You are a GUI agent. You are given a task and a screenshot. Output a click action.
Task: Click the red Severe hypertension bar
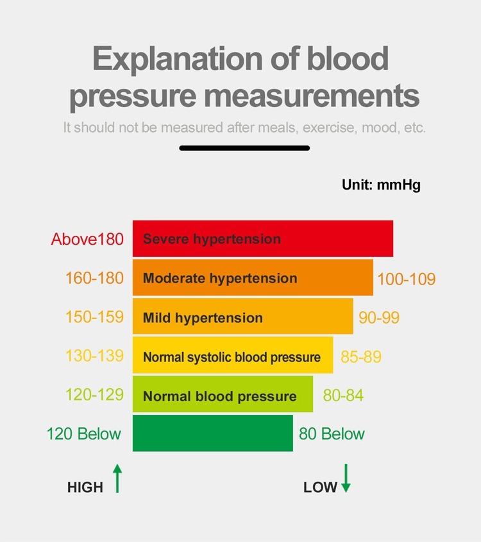[263, 239]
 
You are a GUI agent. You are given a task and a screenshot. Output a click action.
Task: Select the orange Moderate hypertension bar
[253, 278]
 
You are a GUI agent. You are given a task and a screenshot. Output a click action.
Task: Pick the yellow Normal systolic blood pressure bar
[233, 356]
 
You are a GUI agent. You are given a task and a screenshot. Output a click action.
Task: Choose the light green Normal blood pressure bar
[223, 395]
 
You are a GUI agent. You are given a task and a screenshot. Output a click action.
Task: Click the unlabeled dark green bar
[212, 434]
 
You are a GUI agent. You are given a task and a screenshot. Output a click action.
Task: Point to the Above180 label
[87, 240]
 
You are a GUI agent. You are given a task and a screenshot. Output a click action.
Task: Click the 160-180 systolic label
[94, 278]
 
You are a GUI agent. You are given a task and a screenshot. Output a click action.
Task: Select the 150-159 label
[94, 316]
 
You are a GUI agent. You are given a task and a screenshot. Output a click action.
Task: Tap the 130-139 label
[94, 356]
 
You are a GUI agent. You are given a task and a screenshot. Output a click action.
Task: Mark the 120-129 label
[94, 395]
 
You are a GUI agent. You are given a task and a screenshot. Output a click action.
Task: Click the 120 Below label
[83, 434]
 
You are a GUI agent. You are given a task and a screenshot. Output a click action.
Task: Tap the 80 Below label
[332, 434]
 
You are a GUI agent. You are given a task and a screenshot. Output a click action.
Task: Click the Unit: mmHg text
[381, 186]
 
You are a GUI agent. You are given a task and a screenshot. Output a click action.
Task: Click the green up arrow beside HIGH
[117, 479]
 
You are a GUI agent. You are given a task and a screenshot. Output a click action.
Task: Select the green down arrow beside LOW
[346, 479]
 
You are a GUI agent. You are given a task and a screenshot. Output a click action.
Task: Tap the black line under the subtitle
[244, 148]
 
